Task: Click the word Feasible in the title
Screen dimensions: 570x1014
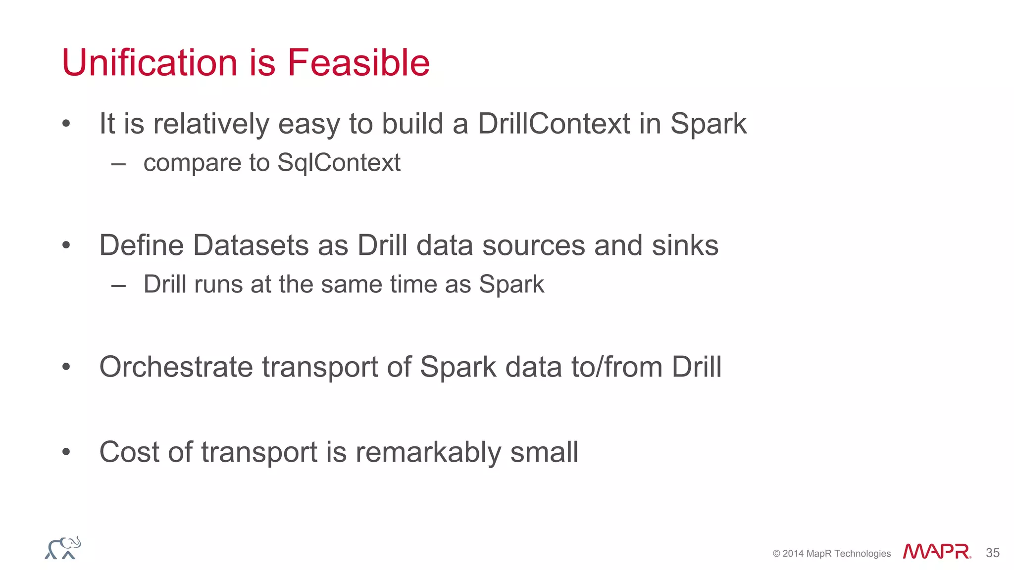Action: (x=358, y=63)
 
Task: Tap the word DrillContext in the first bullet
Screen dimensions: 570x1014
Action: (x=554, y=124)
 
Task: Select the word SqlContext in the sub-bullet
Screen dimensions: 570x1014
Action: (x=339, y=163)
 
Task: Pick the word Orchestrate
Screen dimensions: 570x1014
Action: (x=176, y=367)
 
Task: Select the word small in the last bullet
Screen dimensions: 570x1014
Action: (x=544, y=452)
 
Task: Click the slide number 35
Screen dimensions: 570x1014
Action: (x=992, y=553)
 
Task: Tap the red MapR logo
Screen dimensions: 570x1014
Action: (x=936, y=551)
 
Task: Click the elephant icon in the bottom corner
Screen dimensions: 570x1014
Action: (x=63, y=548)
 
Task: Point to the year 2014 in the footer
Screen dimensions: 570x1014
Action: (x=793, y=554)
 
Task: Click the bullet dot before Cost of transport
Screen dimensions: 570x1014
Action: (x=66, y=452)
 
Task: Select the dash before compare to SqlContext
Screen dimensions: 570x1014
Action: (x=118, y=164)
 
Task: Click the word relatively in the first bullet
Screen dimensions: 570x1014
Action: (x=211, y=124)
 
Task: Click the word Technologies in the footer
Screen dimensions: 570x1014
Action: (x=862, y=554)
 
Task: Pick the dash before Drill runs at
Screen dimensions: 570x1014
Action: (x=118, y=285)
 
